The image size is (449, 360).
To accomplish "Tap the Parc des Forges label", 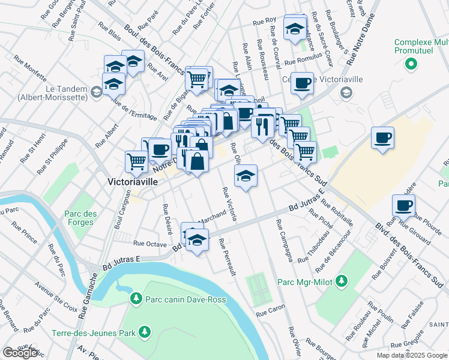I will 79,218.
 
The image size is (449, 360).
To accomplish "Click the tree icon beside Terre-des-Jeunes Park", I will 144,331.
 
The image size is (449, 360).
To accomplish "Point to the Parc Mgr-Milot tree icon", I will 342,281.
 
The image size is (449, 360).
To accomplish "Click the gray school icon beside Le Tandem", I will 96,91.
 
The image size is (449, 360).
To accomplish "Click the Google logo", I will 20,353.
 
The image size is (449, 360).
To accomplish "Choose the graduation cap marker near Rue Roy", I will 295,28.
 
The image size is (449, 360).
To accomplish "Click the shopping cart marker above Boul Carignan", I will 137,161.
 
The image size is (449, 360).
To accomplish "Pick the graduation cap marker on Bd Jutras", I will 196,240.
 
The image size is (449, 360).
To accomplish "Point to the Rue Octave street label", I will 149,244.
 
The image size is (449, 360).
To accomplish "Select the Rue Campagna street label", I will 284,240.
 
